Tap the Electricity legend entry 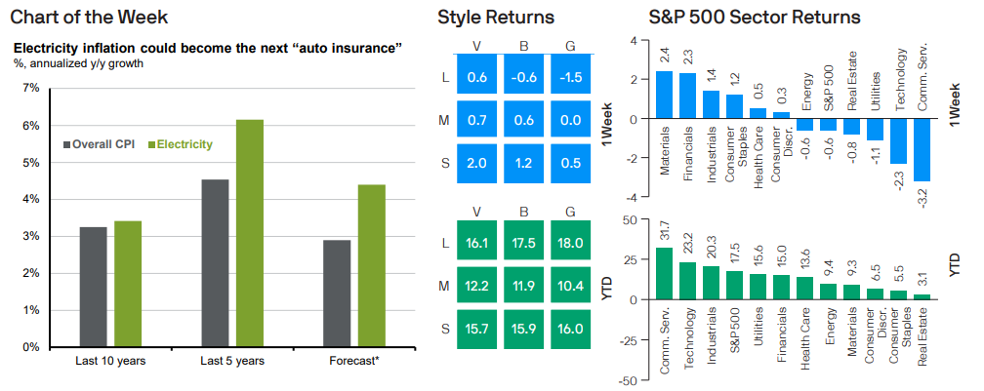[x=180, y=144]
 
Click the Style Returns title [x=496, y=18]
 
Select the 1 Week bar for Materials [x=664, y=96]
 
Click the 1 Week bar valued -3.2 [x=922, y=150]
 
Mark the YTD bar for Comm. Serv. [x=664, y=273]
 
